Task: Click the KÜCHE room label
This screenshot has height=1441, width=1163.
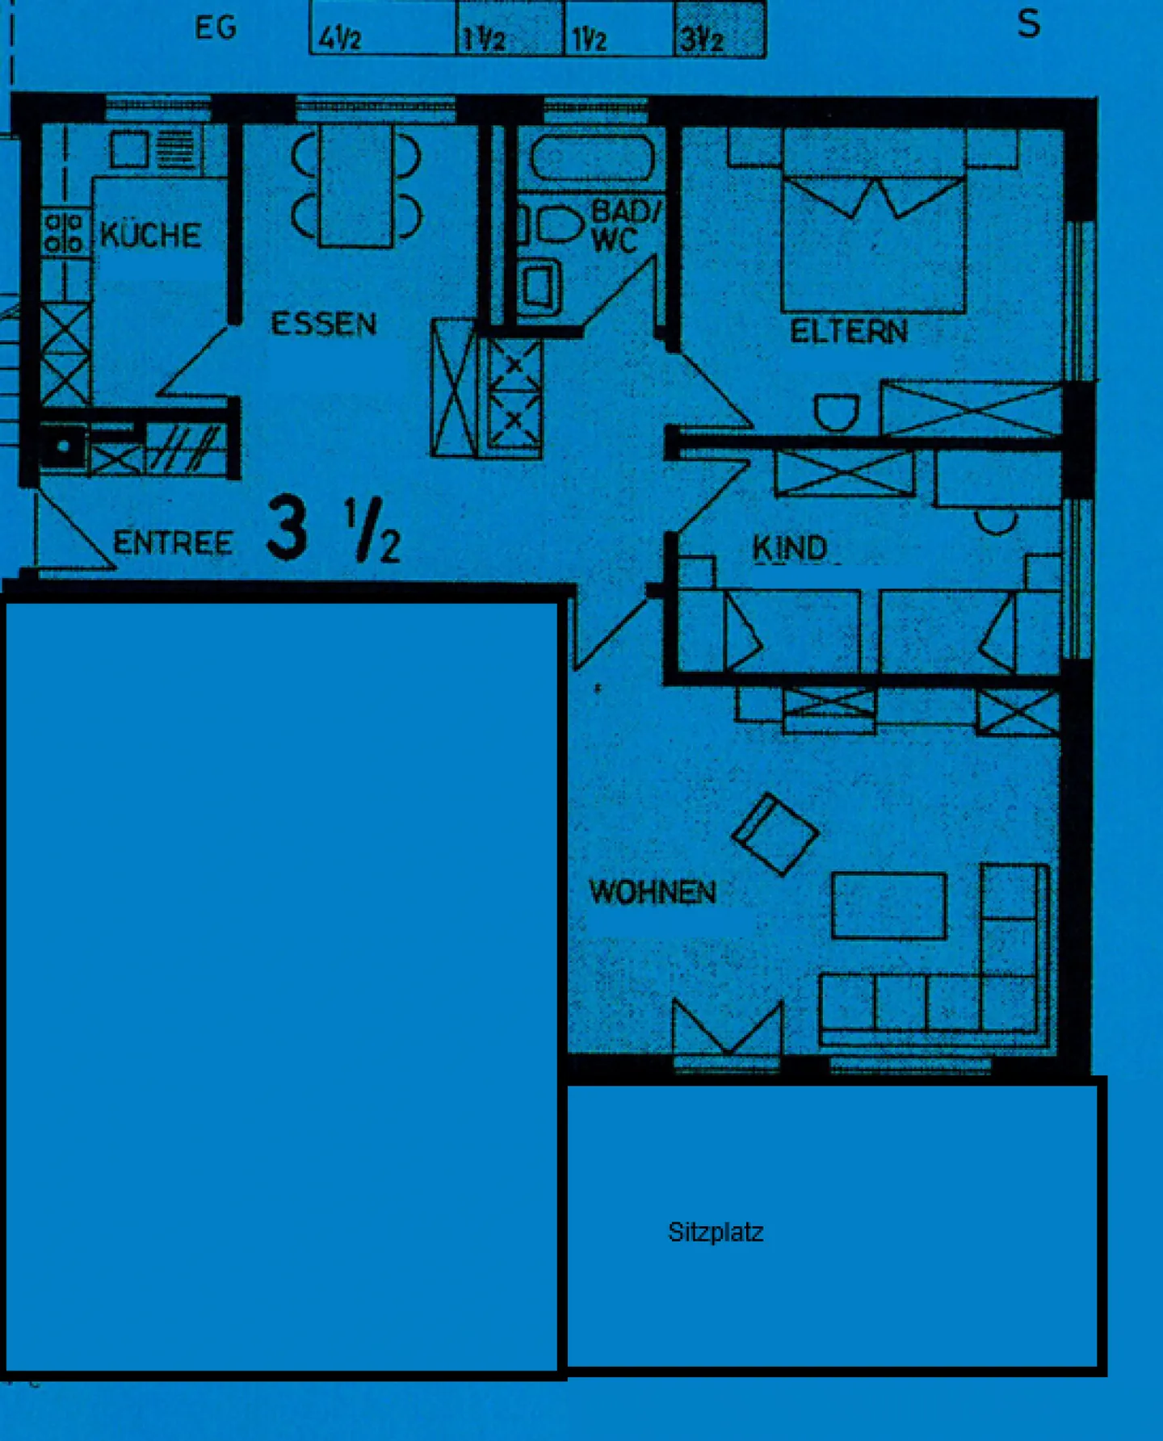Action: pyautogui.click(x=150, y=235)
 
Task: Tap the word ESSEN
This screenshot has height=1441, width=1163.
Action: pyautogui.click(x=324, y=324)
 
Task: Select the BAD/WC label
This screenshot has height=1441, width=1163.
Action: pyautogui.click(x=626, y=226)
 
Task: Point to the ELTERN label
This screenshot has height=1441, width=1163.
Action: pyautogui.click(x=849, y=332)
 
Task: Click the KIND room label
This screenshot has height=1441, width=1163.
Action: pyautogui.click(x=790, y=549)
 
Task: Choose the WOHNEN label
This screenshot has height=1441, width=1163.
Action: pyautogui.click(x=653, y=892)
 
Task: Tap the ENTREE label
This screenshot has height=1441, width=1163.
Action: pyautogui.click(x=173, y=542)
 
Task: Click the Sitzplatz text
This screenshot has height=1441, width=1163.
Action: pyautogui.click(x=716, y=1233)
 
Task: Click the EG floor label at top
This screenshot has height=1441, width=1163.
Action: pyautogui.click(x=216, y=28)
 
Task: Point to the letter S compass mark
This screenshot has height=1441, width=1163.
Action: pyautogui.click(x=1028, y=24)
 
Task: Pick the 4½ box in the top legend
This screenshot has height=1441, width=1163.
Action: pyautogui.click(x=384, y=28)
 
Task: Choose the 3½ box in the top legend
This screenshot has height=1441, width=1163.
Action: pyautogui.click(x=720, y=28)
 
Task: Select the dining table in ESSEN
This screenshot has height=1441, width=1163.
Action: pyautogui.click(x=356, y=185)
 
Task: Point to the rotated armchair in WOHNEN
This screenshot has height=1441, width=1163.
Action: pyautogui.click(x=775, y=835)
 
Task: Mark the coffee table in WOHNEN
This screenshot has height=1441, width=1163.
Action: pyautogui.click(x=889, y=905)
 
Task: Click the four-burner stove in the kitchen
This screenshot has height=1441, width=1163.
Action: pyautogui.click(x=65, y=232)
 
